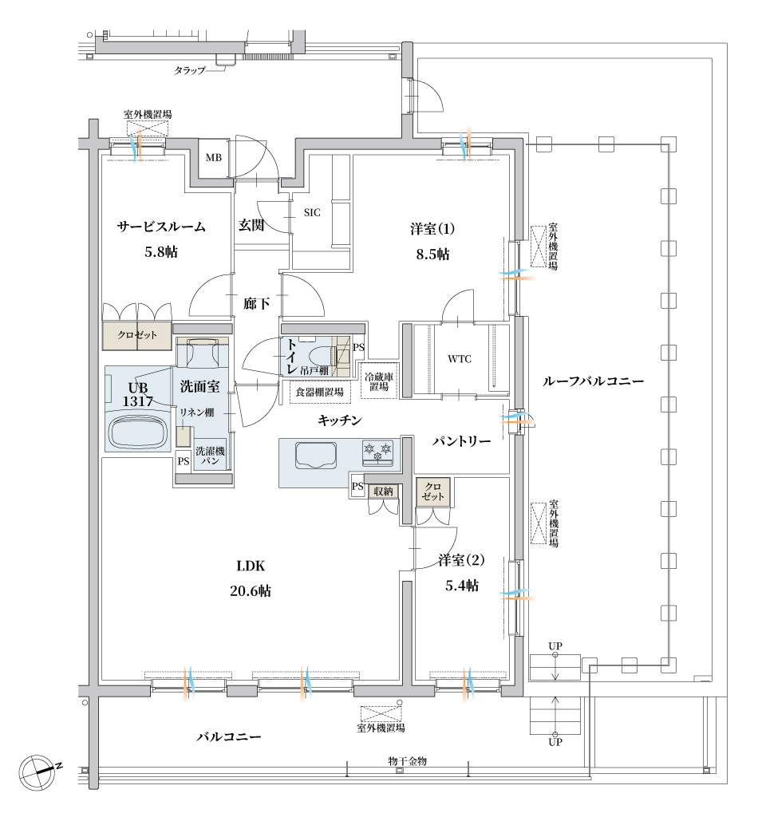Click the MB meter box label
(x=214, y=157)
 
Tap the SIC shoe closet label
(x=312, y=212)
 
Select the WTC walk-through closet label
(x=460, y=358)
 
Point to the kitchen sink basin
(x=316, y=455)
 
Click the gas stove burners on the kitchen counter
(x=377, y=452)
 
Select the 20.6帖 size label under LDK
(x=251, y=591)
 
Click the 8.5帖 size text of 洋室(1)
(x=432, y=254)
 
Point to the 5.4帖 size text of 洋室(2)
(x=462, y=585)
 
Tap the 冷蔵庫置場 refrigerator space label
(x=379, y=381)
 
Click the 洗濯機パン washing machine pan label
(x=211, y=456)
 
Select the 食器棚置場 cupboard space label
(x=320, y=392)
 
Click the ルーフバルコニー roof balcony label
(x=594, y=381)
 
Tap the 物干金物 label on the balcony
(x=408, y=760)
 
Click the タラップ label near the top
(x=190, y=70)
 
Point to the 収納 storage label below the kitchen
(x=384, y=491)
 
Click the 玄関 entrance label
(x=251, y=225)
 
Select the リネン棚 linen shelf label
(x=197, y=412)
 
